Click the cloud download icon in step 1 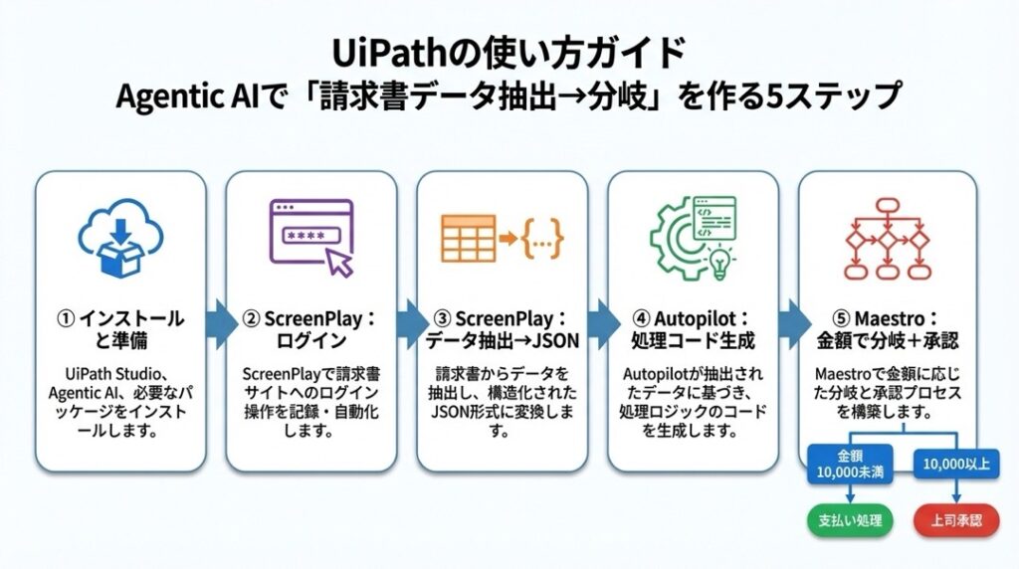[x=119, y=239]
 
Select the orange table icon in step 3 [x=468, y=239]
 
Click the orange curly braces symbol [x=542, y=239]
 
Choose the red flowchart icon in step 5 [x=886, y=239]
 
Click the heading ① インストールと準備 [x=119, y=330]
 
